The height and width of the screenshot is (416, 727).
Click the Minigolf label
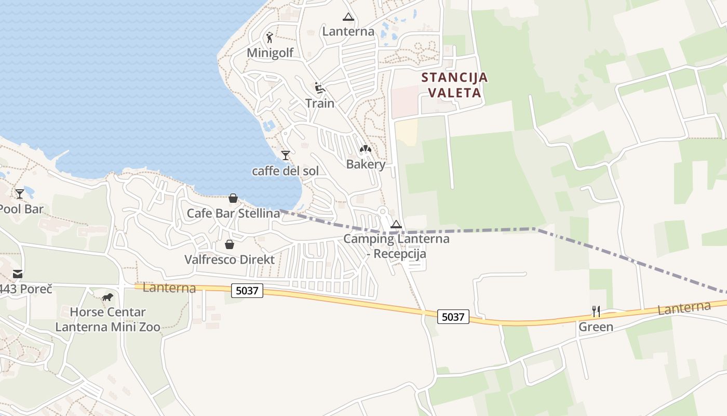[270, 53]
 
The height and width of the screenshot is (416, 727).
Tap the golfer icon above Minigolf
[269, 37]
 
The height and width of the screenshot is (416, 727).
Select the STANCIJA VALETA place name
[454, 85]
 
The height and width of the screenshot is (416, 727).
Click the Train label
[320, 103]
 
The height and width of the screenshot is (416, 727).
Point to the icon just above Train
[319, 87]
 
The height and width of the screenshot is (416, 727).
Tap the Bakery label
[366, 164]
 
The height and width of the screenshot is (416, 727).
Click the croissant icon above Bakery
[366, 150]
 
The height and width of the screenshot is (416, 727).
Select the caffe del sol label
[285, 171]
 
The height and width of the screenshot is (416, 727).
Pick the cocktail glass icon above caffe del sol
[285, 155]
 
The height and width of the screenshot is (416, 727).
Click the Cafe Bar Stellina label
[233, 213]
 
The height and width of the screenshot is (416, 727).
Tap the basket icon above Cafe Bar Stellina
[233, 198]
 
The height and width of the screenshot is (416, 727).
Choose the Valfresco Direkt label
[230, 259]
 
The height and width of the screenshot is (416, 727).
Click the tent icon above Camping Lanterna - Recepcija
[396, 225]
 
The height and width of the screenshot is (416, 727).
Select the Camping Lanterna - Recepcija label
[396, 246]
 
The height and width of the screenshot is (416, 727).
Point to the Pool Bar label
[21, 209]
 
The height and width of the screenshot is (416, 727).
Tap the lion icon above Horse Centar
[107, 297]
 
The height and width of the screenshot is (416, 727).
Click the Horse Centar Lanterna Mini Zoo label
[107, 320]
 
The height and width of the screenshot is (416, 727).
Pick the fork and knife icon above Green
[596, 311]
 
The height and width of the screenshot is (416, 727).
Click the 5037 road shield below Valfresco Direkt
[247, 291]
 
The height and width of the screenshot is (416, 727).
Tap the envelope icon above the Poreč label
[18, 274]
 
